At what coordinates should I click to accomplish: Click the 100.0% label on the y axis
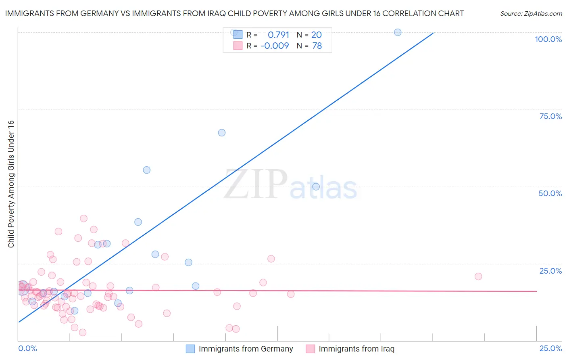pos(548,39)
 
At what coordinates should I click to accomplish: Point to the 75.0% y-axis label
pos(550,116)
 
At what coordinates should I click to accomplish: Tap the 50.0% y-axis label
pos(550,193)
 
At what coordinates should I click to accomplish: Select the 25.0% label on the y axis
pos(550,271)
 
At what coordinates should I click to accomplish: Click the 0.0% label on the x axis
pos(27,348)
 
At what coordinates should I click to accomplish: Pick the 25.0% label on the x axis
pos(550,348)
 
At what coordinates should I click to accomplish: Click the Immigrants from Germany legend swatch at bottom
pos(190,349)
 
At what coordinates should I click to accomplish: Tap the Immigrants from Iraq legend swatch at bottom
pos(310,349)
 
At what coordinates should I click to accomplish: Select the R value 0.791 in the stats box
pos(278,35)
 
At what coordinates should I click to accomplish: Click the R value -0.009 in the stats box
pos(275,46)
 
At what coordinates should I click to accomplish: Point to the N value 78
pos(317,46)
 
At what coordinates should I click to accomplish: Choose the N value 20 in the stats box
pos(316,35)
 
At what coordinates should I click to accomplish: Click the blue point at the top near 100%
pos(398,32)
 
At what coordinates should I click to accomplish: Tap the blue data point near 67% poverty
pos(222,133)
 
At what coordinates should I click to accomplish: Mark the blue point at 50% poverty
pos(316,186)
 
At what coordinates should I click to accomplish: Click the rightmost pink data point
pos(478,276)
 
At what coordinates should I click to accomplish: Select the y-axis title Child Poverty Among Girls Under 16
pos(11,184)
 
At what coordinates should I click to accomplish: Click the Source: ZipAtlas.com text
pos(531,14)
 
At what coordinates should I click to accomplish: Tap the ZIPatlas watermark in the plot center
pos(290,184)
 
